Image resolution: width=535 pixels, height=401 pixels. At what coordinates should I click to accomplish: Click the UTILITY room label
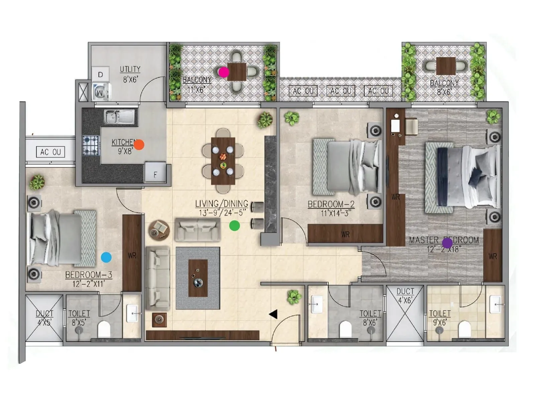pos(130,69)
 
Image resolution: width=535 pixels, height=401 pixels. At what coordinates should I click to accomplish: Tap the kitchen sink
pos(119,117)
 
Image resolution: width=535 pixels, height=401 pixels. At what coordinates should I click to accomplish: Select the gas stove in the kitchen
pos(91,145)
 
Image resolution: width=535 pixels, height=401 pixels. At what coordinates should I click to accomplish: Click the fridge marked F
pos(155,172)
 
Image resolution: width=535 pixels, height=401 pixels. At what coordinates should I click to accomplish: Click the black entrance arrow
pos(273,314)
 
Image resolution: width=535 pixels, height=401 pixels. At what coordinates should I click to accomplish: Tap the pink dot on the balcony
pos(223,72)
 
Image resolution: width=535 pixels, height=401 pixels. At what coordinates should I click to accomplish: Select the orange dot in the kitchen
pos(139,145)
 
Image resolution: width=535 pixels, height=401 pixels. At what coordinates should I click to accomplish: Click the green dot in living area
pos(234,226)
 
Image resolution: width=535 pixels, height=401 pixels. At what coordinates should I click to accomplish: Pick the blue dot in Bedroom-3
pos(106,257)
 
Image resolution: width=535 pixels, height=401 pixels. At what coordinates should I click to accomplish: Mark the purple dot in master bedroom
pos(447,243)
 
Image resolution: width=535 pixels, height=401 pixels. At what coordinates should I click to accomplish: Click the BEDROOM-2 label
pos(331,204)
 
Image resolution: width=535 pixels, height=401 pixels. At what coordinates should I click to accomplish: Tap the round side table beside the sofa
pos(159,230)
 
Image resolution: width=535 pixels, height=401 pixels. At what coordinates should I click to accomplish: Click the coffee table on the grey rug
pos(198,278)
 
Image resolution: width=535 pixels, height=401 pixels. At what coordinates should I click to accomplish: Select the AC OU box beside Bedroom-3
pos(50,152)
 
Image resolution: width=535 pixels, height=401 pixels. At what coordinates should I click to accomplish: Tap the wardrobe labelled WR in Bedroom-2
pos(345,234)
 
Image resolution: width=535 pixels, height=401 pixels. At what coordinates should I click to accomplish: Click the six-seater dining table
pos(223,161)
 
